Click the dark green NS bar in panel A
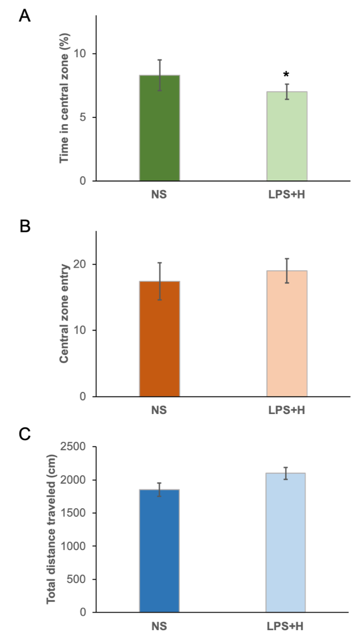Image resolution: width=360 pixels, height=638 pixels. click(159, 128)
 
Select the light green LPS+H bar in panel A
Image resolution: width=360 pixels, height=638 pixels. click(287, 136)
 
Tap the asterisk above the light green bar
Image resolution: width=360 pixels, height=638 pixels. click(286, 75)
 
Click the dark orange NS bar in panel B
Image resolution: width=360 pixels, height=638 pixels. click(159, 339)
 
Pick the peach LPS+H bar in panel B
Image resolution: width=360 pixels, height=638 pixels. click(287, 333)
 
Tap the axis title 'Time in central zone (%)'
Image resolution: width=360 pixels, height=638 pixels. click(64, 98)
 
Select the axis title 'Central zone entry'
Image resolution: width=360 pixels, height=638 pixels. click(64, 312)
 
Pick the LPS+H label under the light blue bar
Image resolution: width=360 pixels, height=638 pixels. click(286, 626)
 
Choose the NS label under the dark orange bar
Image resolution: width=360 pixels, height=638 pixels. click(159, 410)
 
